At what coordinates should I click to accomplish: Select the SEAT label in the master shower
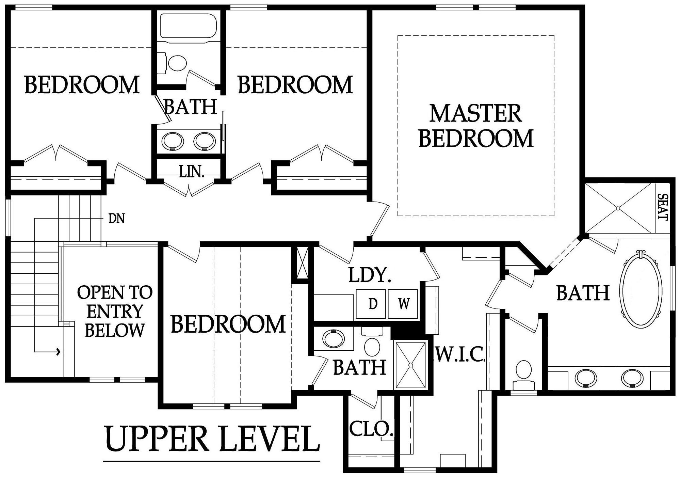tap(663, 207)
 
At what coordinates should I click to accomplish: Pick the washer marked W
tap(403, 304)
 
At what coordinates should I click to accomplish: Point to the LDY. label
tap(370, 275)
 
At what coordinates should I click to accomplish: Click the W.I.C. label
tap(460, 355)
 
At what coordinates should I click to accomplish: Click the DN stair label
tap(116, 218)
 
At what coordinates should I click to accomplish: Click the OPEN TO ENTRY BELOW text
tap(115, 311)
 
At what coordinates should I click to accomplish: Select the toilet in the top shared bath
tap(174, 63)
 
